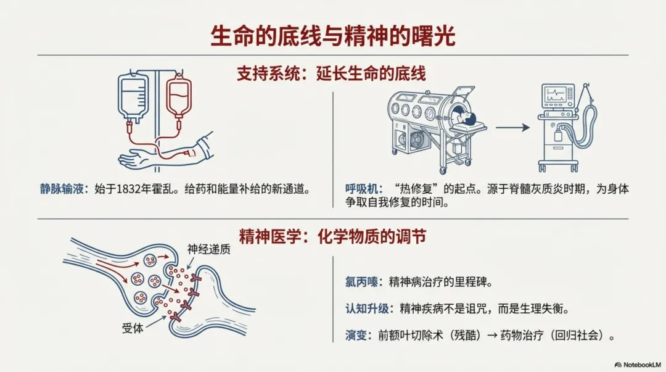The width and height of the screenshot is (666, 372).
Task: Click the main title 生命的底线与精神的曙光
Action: [x=332, y=36]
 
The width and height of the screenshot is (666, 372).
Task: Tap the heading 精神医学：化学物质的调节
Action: [x=332, y=236]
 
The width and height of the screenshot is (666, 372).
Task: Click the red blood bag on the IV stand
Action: [x=178, y=99]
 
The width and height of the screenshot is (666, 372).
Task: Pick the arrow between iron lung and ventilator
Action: [x=512, y=128]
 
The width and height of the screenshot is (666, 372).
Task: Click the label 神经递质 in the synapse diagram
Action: [x=207, y=249]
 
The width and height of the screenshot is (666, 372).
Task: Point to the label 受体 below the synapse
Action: [x=133, y=328]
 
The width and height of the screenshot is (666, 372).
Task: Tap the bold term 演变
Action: [x=356, y=336]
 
